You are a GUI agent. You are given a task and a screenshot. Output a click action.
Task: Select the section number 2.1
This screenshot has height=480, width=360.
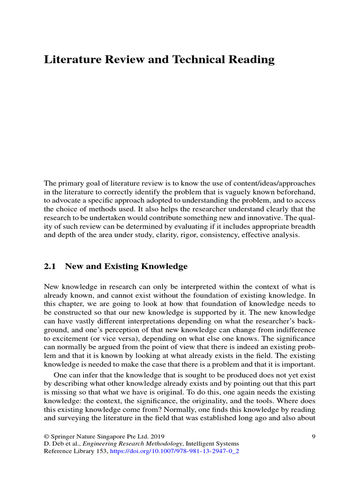[50, 266]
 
